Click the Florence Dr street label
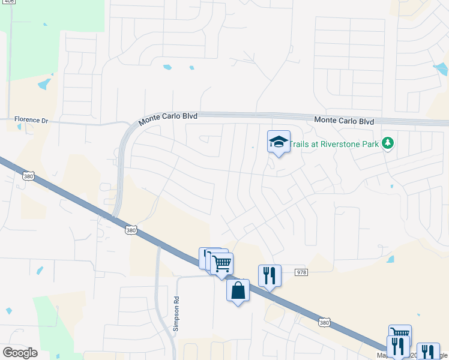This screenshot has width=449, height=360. tap(31, 120)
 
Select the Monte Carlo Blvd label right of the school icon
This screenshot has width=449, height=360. tap(344, 121)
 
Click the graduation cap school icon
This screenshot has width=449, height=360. tap(279, 142)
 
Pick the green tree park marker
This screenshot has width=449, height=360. tap(388, 143)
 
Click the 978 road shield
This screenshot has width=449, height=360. tap(301, 272)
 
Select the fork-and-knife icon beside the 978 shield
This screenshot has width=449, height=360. tap(270, 276)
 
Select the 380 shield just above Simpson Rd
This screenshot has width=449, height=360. tap(132, 230)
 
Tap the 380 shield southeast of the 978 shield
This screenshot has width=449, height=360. tap(324, 323)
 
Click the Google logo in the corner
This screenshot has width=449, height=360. tap(20, 353)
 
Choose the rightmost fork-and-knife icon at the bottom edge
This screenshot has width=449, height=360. tap(427, 352)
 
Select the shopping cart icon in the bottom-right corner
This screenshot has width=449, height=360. tap(400, 334)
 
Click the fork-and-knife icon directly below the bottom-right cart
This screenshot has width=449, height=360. tap(397, 347)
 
